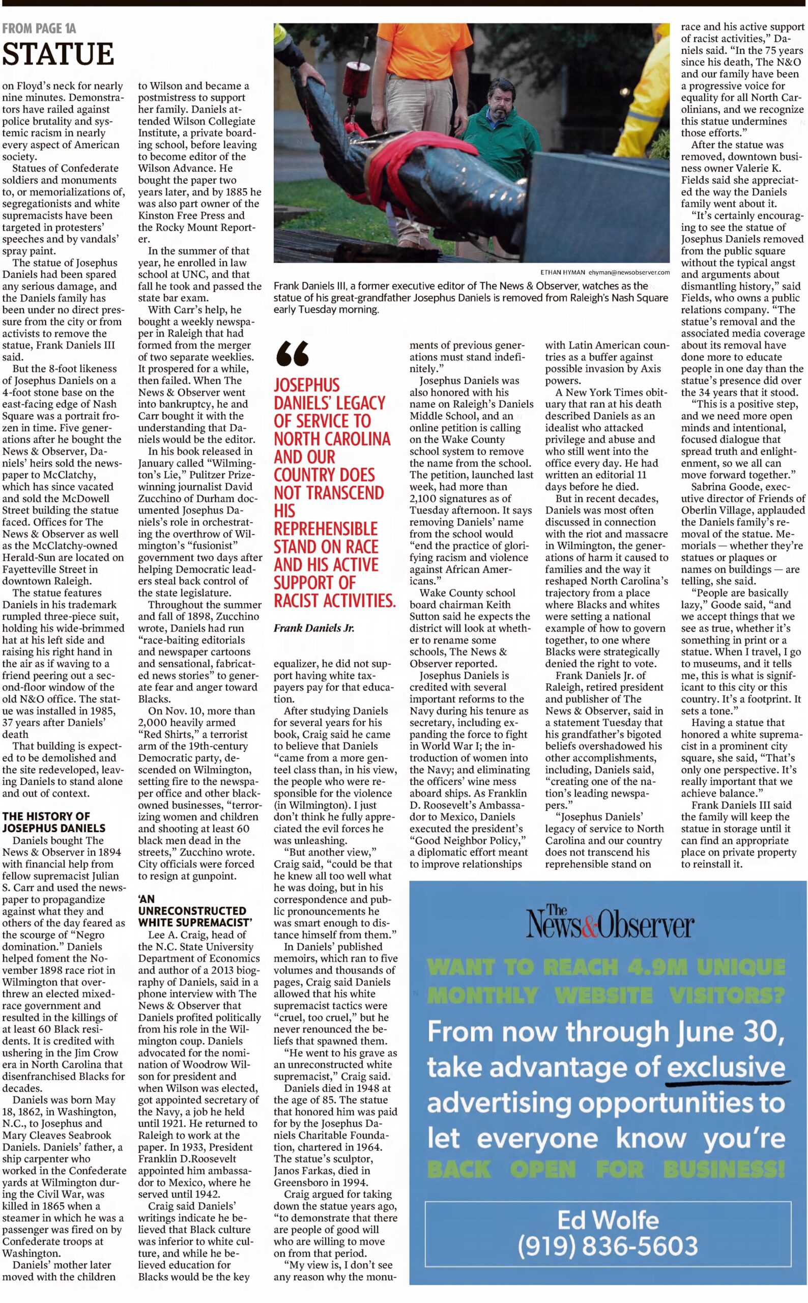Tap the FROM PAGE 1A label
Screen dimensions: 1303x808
[39, 29]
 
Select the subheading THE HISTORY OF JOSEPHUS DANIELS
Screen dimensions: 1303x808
[53, 822]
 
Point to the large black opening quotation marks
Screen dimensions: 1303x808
[292, 354]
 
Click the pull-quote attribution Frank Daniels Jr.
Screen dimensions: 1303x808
[314, 628]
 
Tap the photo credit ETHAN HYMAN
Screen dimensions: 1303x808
[562, 271]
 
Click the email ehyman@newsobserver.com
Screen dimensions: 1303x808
[628, 271]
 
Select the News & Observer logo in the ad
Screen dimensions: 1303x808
[609, 923]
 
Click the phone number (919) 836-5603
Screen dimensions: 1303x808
[608, 1245]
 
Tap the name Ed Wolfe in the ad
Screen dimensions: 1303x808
[608, 1220]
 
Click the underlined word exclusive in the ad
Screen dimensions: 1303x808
[726, 1067]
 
